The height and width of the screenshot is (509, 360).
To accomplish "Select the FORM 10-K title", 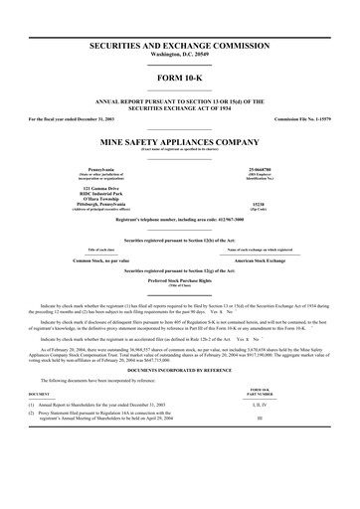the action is pyautogui.click(x=180, y=79).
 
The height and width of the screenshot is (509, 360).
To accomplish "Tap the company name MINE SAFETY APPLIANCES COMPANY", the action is pyautogui.click(x=180, y=141).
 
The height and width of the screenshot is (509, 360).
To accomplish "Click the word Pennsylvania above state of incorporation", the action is pyautogui.click(x=89, y=170).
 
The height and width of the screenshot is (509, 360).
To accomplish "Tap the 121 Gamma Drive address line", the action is pyautogui.click(x=89, y=188).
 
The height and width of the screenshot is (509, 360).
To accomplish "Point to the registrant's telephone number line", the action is pyautogui.click(x=180, y=220).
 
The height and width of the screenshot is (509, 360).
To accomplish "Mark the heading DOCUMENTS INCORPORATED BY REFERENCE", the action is pyautogui.click(x=180, y=370).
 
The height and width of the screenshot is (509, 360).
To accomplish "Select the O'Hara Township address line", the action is pyautogui.click(x=89, y=199).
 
